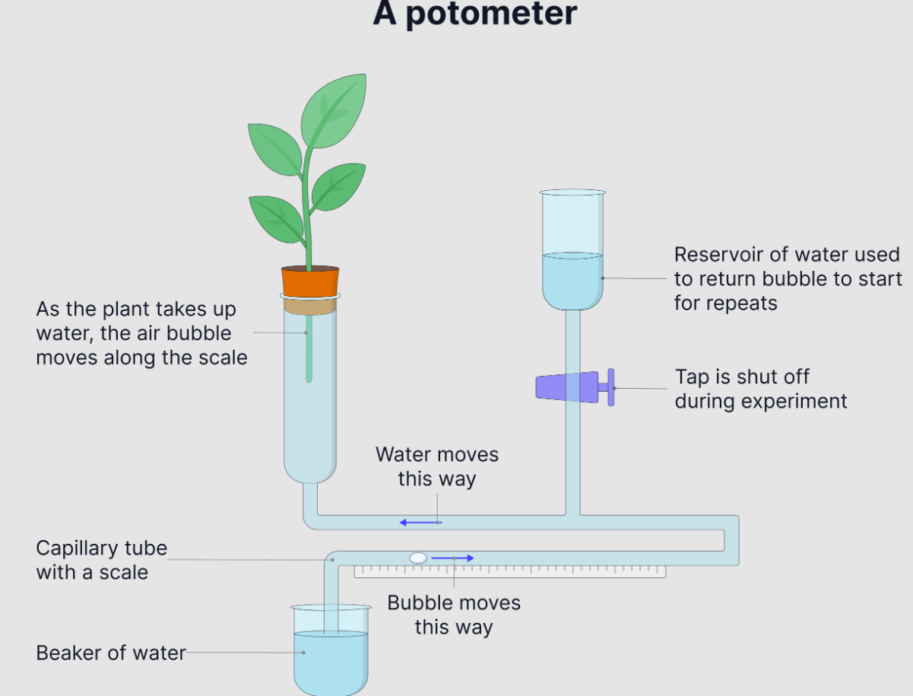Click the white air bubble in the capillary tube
(418, 558)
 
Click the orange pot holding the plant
(309, 281)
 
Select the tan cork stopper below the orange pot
(309, 306)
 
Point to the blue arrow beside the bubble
(452, 558)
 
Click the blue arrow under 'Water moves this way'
(420, 523)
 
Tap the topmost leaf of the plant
(334, 110)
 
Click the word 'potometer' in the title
(502, 14)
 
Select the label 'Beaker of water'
(111, 653)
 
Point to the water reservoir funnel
(572, 251)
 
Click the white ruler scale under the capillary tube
(509, 571)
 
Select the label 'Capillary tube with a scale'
(101, 560)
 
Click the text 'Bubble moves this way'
(454, 615)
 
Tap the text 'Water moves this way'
(437, 466)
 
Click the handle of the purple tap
(610, 387)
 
